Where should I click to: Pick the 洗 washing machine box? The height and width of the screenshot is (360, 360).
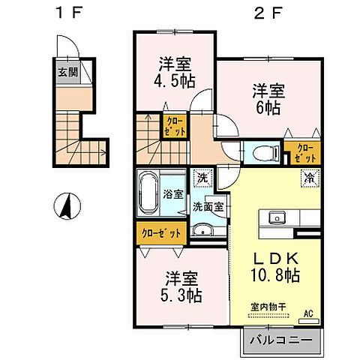[200, 178]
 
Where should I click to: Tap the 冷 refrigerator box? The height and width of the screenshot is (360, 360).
[307, 178]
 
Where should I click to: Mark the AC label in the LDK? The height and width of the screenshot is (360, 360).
[307, 313]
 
